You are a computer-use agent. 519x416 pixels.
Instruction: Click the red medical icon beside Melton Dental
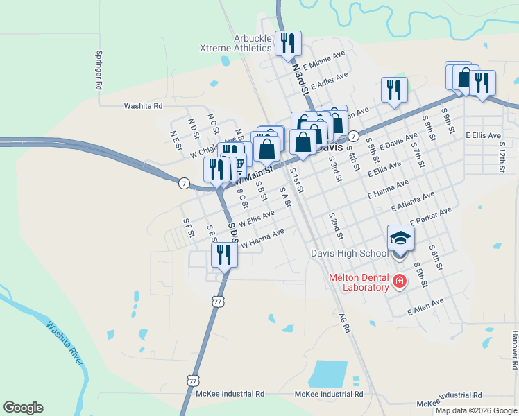click(x=399, y=281)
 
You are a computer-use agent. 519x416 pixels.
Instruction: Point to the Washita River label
click(x=66, y=343)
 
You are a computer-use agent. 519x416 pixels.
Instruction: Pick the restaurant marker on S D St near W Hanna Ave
click(x=223, y=254)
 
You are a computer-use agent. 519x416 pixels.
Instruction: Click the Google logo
click(x=23, y=408)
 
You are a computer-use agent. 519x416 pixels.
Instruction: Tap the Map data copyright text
click(x=475, y=410)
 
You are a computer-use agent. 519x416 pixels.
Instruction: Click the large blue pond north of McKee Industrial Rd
click(x=327, y=373)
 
